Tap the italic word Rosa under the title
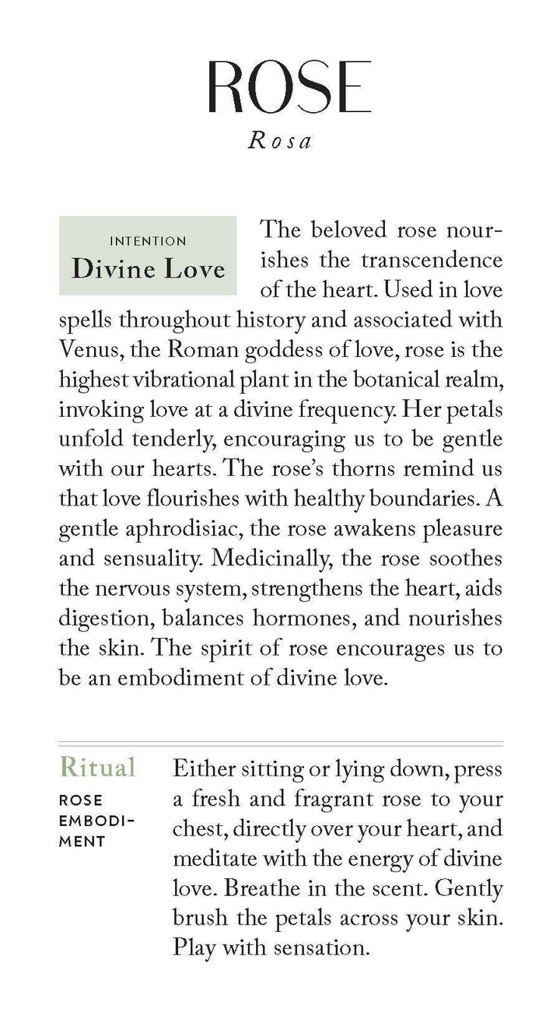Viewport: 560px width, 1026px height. click(x=279, y=142)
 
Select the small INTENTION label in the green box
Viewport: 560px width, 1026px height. click(x=148, y=241)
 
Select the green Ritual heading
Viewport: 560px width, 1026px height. click(x=97, y=767)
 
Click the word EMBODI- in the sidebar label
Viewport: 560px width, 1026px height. click(x=97, y=820)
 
